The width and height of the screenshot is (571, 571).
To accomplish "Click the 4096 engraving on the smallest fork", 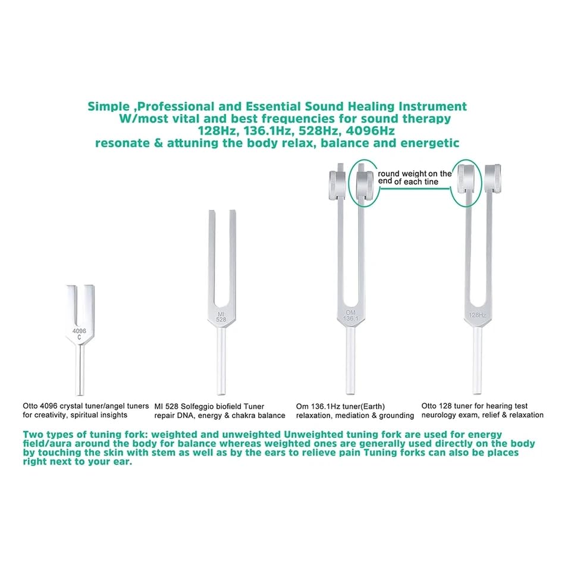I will click(80, 331).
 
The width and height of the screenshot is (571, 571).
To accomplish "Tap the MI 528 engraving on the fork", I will click(221, 316).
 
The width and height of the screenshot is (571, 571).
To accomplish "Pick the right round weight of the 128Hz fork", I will click(494, 177).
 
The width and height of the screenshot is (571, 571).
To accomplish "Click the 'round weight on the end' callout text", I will click(415, 177).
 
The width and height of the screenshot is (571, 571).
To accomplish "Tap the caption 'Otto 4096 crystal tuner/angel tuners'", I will click(86, 406).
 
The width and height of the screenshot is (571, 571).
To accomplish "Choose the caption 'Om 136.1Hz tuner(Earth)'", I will click(341, 406).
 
